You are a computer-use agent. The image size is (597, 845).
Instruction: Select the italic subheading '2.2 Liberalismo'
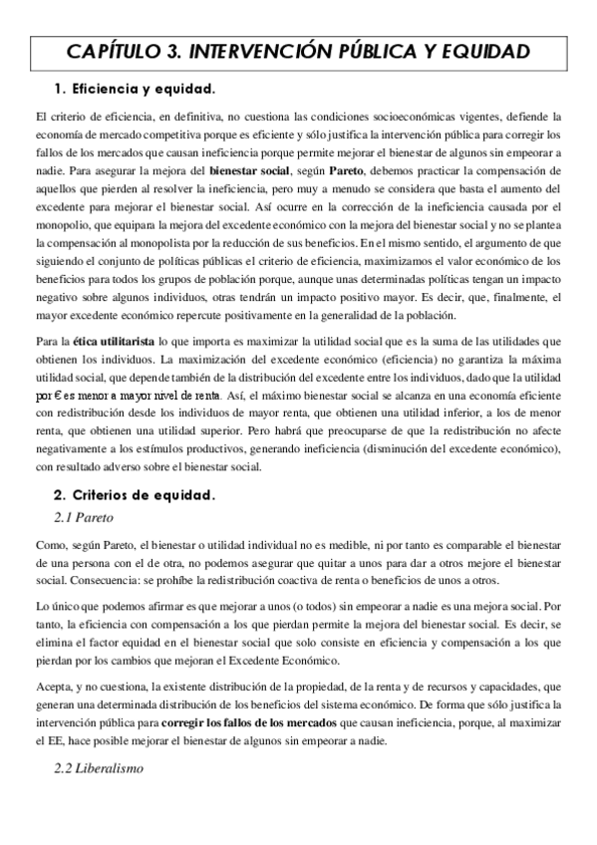[x=99, y=770]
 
